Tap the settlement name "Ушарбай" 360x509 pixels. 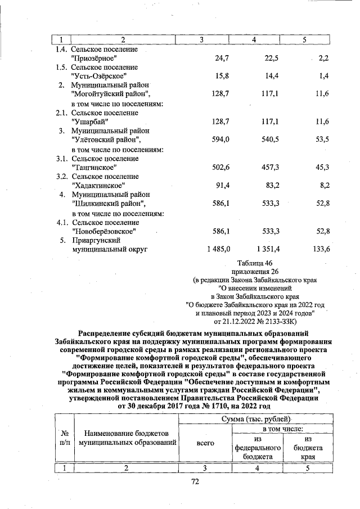tap(91, 121)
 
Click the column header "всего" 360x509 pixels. tap(205, 443)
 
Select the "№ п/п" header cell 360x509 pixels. tap(64, 438)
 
